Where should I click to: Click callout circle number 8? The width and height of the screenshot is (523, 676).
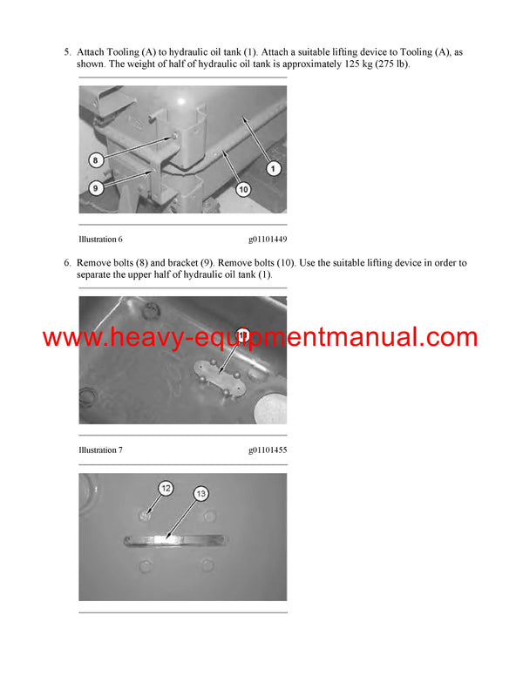point(97,159)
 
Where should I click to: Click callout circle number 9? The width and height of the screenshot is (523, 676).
point(97,186)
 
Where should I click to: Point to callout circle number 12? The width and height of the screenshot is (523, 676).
point(166,489)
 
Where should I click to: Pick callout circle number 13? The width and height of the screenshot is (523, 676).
point(200,494)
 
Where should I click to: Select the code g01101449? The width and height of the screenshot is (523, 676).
point(267,238)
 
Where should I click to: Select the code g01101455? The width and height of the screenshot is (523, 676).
point(267,450)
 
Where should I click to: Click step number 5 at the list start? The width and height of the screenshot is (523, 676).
point(67,52)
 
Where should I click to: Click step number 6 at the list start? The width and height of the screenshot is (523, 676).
point(67,262)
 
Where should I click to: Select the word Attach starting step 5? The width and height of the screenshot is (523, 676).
point(92,52)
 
